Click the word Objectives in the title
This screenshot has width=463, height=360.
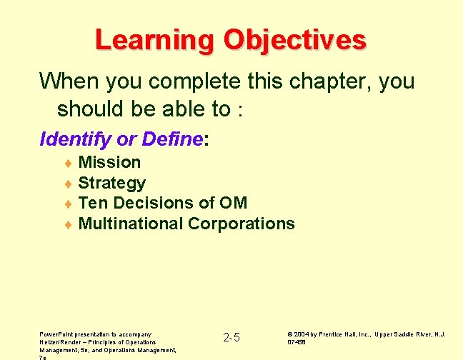coord(294,40)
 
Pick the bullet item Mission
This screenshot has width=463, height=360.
coord(109,162)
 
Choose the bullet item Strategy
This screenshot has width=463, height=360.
coord(111,183)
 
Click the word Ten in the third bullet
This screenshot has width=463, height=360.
coord(91,203)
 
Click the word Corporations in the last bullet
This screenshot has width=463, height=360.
coord(241,224)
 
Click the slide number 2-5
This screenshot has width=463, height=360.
coord(231,337)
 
